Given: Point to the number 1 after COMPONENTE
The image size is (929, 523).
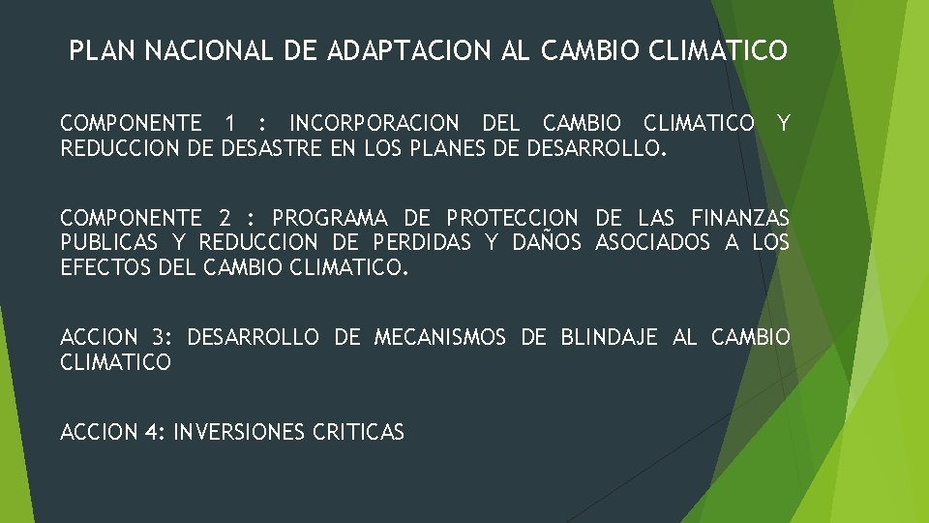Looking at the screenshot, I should click(228, 123).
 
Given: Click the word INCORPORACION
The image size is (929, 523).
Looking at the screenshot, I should click(375, 123).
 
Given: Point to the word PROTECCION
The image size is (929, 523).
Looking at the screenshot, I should click(512, 218).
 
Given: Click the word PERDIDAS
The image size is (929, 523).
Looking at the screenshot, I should click(422, 242).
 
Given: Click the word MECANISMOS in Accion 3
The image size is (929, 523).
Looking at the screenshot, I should click(439, 337).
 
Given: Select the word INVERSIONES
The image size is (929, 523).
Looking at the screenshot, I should click(239, 432).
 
